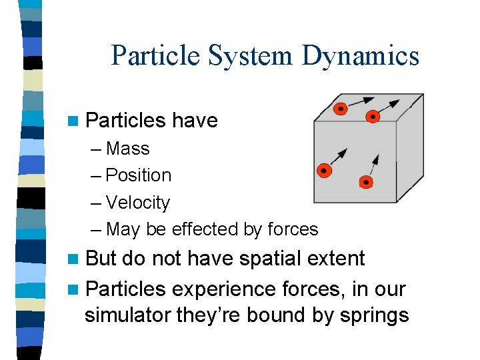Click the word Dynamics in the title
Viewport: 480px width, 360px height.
(360, 56)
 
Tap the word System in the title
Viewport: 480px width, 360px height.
(251, 56)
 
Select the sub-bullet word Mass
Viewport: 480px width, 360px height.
(128, 148)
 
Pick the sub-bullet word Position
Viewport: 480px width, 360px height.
(139, 175)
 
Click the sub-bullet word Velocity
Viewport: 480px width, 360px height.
(138, 202)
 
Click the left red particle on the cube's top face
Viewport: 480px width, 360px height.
(341, 108)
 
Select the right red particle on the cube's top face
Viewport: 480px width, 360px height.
(373, 117)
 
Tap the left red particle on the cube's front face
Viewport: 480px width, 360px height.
(324, 171)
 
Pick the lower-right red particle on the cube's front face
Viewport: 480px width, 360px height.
(365, 181)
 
